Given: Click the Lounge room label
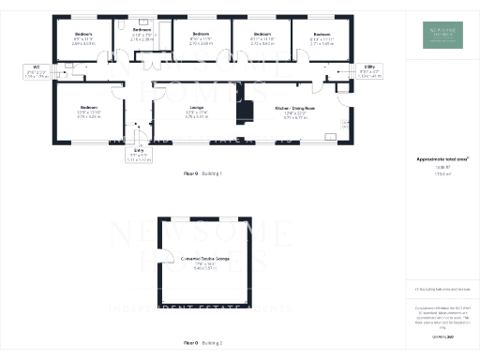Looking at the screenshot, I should pos(171,110).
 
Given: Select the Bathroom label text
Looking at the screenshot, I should pos(142,32).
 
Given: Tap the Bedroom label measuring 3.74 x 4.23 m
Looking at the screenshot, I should pos(89,108).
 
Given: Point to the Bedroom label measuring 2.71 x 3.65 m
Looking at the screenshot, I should pos(321,35).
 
